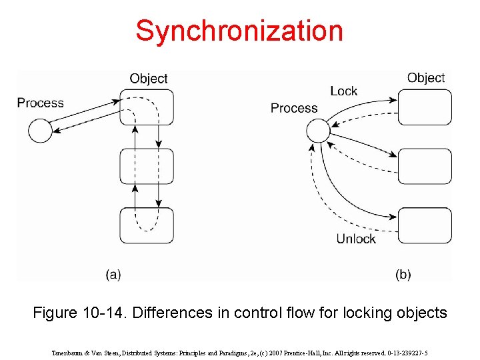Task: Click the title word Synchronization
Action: [239, 31]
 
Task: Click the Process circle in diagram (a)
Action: [41, 130]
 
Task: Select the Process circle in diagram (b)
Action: [319, 130]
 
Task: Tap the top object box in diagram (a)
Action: [147, 107]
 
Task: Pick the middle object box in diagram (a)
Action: [147, 167]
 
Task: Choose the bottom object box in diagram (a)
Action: [147, 225]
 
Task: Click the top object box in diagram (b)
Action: [425, 107]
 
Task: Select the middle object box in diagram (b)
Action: [425, 167]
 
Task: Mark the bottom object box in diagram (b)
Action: [425, 225]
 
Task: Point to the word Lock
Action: [343, 91]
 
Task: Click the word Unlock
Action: [356, 239]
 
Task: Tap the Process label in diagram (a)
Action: [41, 103]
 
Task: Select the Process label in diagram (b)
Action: [294, 108]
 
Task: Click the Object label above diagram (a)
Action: [149, 79]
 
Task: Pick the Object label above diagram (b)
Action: [426, 78]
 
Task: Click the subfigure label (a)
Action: [113, 274]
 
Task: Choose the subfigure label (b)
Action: [403, 274]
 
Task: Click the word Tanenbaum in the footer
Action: [68, 352]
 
